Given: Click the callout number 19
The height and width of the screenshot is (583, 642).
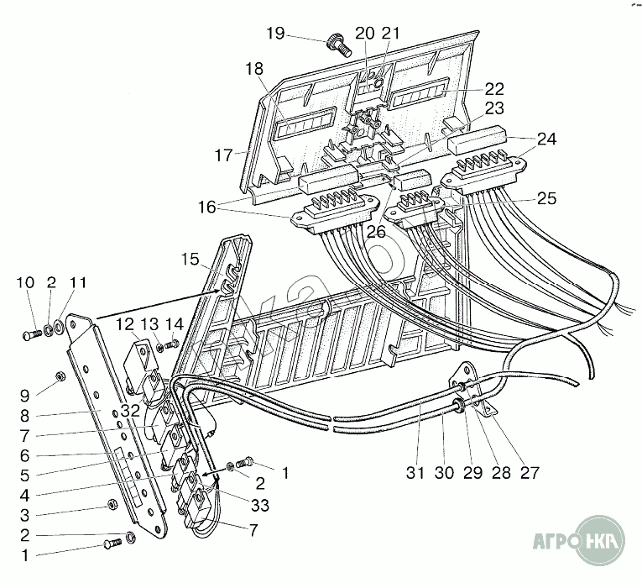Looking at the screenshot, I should [x=276, y=34].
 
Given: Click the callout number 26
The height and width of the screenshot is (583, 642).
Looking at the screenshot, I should [x=375, y=232].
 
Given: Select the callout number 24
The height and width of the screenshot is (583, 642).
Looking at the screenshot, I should [x=546, y=139].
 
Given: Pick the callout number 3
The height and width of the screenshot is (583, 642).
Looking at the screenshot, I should [x=24, y=513].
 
